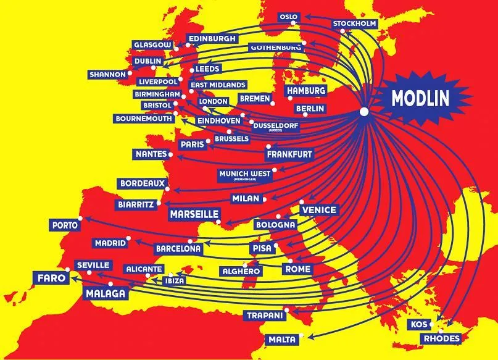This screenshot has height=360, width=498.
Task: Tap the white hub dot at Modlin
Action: pyautogui.click(x=363, y=112)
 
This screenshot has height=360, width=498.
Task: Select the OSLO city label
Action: pyautogui.click(x=288, y=17)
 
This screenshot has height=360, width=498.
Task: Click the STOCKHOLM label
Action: pyautogui.click(x=354, y=24)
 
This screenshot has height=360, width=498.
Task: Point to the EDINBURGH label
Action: pyautogui.click(x=212, y=38)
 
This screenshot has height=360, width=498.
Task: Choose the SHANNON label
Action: pyautogui.click(x=107, y=74)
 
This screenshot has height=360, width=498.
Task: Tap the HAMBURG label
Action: pyautogui.click(x=305, y=91)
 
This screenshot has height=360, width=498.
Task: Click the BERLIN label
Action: pyautogui.click(x=310, y=108)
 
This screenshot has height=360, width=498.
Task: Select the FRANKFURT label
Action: pyautogui.click(x=289, y=154)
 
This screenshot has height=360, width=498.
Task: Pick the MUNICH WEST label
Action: pyautogui.click(x=245, y=175)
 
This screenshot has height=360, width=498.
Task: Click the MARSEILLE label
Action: pyautogui.click(x=194, y=214)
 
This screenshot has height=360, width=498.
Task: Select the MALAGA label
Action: pyautogui.click(x=105, y=293)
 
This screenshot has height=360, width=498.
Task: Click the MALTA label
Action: pyautogui.click(x=282, y=340)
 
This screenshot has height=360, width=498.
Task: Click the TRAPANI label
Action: pyautogui.click(x=264, y=316)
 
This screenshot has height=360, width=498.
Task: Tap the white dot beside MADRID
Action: pyautogui.click(x=128, y=238)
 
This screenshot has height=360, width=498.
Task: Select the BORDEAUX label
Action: pyautogui.click(x=143, y=183)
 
